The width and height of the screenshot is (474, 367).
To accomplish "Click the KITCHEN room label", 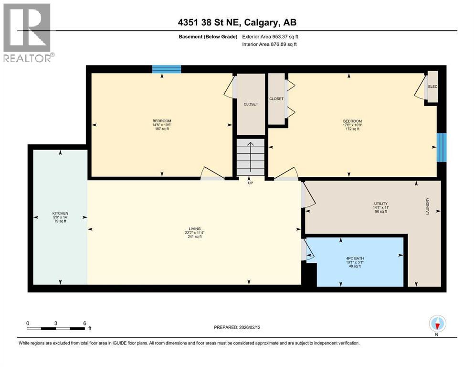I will pyautogui.click(x=60, y=213).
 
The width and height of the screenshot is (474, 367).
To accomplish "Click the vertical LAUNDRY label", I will pyautogui.click(x=428, y=206).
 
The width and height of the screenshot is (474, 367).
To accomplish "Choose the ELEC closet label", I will pyautogui.click(x=433, y=86).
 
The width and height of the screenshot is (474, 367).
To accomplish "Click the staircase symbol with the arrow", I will pyautogui.click(x=250, y=157).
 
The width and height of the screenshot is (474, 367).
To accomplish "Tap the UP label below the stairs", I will pyautogui.click(x=250, y=183).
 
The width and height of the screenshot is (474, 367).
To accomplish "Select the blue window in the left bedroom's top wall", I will pyautogui.click(x=167, y=69).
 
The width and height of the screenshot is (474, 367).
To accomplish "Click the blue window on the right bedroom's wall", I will pyautogui.click(x=442, y=147).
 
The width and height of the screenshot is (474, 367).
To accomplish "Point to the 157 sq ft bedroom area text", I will pyautogui.click(x=162, y=129).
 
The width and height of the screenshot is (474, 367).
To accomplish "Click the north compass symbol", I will pyautogui.click(x=437, y=324).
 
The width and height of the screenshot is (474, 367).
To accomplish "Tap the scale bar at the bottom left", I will pyautogui.click(x=56, y=328).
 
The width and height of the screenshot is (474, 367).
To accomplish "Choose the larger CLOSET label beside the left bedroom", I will pyautogui.click(x=251, y=104).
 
